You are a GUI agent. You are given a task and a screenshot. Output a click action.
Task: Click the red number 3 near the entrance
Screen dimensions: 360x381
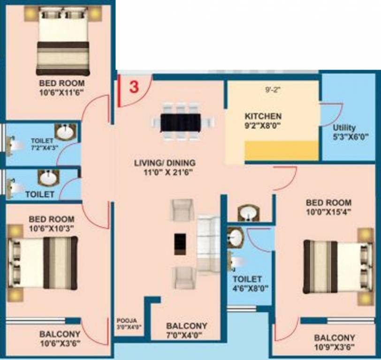(134, 88)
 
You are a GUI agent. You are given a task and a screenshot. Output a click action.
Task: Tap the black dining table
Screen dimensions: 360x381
(180, 122)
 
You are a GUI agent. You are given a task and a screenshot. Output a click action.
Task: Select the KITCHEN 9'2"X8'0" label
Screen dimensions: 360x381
(263, 120)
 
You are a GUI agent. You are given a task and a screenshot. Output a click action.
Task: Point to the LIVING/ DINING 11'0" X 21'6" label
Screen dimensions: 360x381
(165, 167)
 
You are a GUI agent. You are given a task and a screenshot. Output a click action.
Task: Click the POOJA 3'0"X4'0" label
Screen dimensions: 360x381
(129, 324)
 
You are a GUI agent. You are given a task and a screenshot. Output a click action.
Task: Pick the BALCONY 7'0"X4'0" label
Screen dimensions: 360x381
(187, 330)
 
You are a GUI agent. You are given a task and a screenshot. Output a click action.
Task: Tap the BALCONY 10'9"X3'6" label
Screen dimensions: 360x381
(334, 342)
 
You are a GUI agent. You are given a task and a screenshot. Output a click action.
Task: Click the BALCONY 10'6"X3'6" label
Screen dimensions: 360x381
(60, 339)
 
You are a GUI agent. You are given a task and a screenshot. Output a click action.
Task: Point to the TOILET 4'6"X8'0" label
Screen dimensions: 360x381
(248, 284)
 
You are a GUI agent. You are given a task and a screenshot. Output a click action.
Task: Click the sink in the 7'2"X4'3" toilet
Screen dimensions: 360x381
(64, 132)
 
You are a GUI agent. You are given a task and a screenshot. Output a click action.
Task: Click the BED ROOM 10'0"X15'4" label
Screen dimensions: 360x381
(328, 207)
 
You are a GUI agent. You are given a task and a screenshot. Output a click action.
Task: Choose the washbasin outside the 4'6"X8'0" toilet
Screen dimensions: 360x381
(247, 213)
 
